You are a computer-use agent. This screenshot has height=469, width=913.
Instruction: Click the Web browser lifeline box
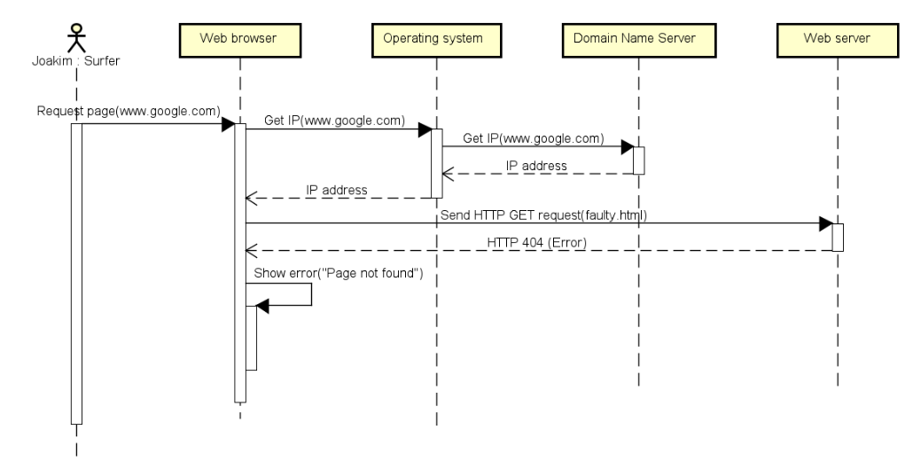239,39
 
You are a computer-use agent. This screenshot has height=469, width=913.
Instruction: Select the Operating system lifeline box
437,39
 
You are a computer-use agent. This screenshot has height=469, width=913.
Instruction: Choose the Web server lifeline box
837,39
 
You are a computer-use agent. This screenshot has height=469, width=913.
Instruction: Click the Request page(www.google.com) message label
129,111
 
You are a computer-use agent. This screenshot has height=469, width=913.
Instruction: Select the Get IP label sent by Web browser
334,121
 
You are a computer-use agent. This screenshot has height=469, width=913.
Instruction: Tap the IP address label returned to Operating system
536,166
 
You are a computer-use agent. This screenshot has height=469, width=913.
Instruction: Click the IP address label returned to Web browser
337,190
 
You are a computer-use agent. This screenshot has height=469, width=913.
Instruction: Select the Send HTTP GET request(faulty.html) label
542,215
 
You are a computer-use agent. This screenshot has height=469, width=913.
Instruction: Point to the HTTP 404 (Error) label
535,241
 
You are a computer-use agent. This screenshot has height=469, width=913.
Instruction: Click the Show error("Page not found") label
339,273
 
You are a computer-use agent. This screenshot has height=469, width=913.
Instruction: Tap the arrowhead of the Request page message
227,124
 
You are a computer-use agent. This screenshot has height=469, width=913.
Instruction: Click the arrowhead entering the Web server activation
824,224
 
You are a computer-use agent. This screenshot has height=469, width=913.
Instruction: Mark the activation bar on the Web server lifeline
837,237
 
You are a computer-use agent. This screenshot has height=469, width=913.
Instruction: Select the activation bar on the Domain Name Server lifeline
638,160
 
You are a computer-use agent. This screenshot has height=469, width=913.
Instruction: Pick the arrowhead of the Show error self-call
261,305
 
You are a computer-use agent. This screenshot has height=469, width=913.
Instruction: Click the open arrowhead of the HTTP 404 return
253,250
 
